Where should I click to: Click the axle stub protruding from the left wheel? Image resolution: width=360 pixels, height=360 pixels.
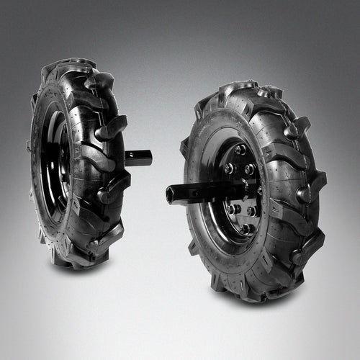(x=138, y=158)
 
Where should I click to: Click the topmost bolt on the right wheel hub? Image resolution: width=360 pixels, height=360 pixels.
(x=240, y=150)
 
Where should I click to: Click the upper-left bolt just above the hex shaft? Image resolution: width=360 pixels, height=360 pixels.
(x=230, y=168)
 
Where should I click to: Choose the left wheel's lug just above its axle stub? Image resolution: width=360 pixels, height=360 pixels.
(x=112, y=130)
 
